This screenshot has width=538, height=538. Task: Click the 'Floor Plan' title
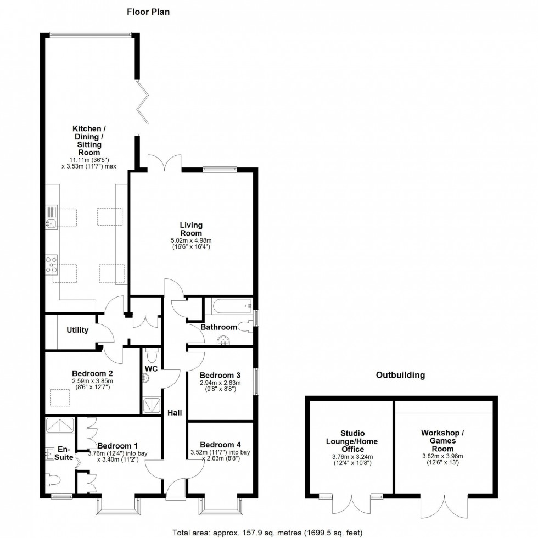pyautogui.click(x=148, y=12)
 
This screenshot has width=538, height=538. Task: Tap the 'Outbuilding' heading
pyautogui.click(x=400, y=375)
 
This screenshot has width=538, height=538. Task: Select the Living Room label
pyautogui.click(x=191, y=229)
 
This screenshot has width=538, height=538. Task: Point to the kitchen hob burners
pyautogui.click(x=52, y=265)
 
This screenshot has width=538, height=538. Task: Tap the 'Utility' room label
pyautogui.click(x=77, y=330)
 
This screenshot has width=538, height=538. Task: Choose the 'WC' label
pyautogui.click(x=152, y=369)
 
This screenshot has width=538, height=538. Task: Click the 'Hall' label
pyautogui.click(x=175, y=413)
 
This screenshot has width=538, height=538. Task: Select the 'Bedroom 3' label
pyautogui.click(x=220, y=375)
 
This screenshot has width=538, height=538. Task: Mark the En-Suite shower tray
pyautogui.click(x=60, y=426)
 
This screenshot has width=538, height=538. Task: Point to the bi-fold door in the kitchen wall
pyautogui.click(x=143, y=102)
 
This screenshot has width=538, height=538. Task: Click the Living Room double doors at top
pyautogui.click(x=164, y=162)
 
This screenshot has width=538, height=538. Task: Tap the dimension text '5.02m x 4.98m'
pyautogui.click(x=191, y=240)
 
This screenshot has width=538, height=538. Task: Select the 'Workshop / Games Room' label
pyautogui.click(x=442, y=441)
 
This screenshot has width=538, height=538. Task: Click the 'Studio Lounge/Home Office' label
pyautogui.click(x=352, y=441)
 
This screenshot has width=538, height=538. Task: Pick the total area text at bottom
pyautogui.click(x=267, y=533)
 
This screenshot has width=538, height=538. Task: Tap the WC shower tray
pyautogui.click(x=152, y=405)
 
